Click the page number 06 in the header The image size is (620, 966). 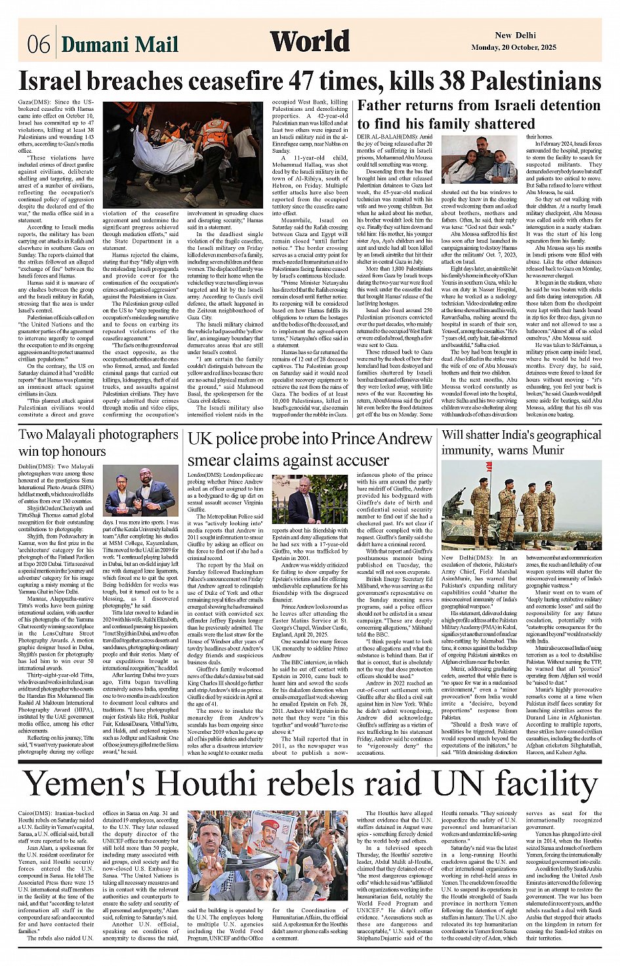click(39, 45)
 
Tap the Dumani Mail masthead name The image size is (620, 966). click(120, 45)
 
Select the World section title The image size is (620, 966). click(310, 41)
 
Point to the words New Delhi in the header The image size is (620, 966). click(515, 35)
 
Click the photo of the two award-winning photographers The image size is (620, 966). click(140, 491)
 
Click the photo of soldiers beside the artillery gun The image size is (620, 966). click(521, 505)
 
